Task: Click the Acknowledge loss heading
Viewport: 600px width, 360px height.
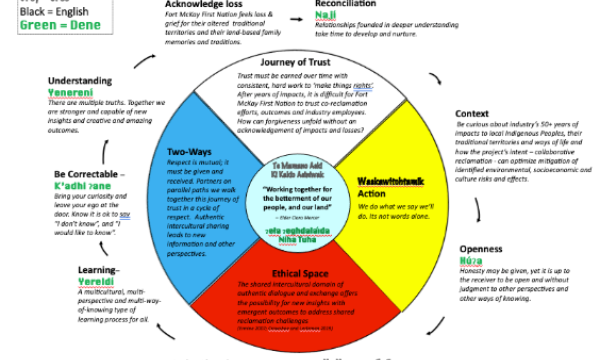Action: point(206,7)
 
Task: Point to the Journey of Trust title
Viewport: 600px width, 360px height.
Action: point(295,65)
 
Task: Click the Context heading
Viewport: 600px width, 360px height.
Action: point(473,114)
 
